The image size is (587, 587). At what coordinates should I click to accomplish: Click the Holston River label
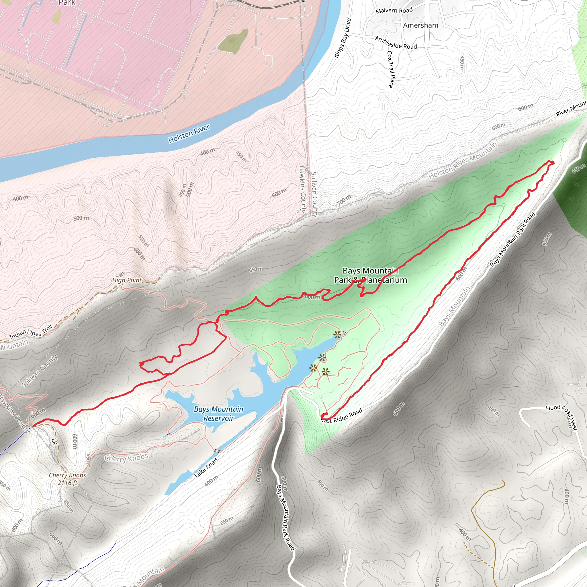click(189, 134)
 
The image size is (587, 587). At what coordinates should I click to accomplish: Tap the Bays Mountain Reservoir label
click(218, 414)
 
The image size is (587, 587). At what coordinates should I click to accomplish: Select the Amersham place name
click(420, 25)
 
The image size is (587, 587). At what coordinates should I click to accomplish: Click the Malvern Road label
click(394, 11)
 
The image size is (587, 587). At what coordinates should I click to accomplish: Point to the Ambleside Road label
click(396, 43)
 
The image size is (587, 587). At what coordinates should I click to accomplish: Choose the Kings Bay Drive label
click(343, 38)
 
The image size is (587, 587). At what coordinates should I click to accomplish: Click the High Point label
click(127, 280)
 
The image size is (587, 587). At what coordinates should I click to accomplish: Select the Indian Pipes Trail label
click(31, 332)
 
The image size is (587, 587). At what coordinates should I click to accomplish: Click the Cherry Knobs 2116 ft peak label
click(67, 479)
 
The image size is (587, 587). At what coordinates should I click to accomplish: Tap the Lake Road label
click(206, 467)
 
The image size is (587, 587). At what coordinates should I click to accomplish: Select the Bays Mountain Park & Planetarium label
click(370, 275)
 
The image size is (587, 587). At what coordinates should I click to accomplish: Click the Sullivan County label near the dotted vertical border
click(314, 194)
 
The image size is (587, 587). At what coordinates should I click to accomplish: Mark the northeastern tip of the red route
click(552, 163)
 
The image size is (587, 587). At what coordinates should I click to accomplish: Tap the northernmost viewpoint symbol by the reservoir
click(337, 335)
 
